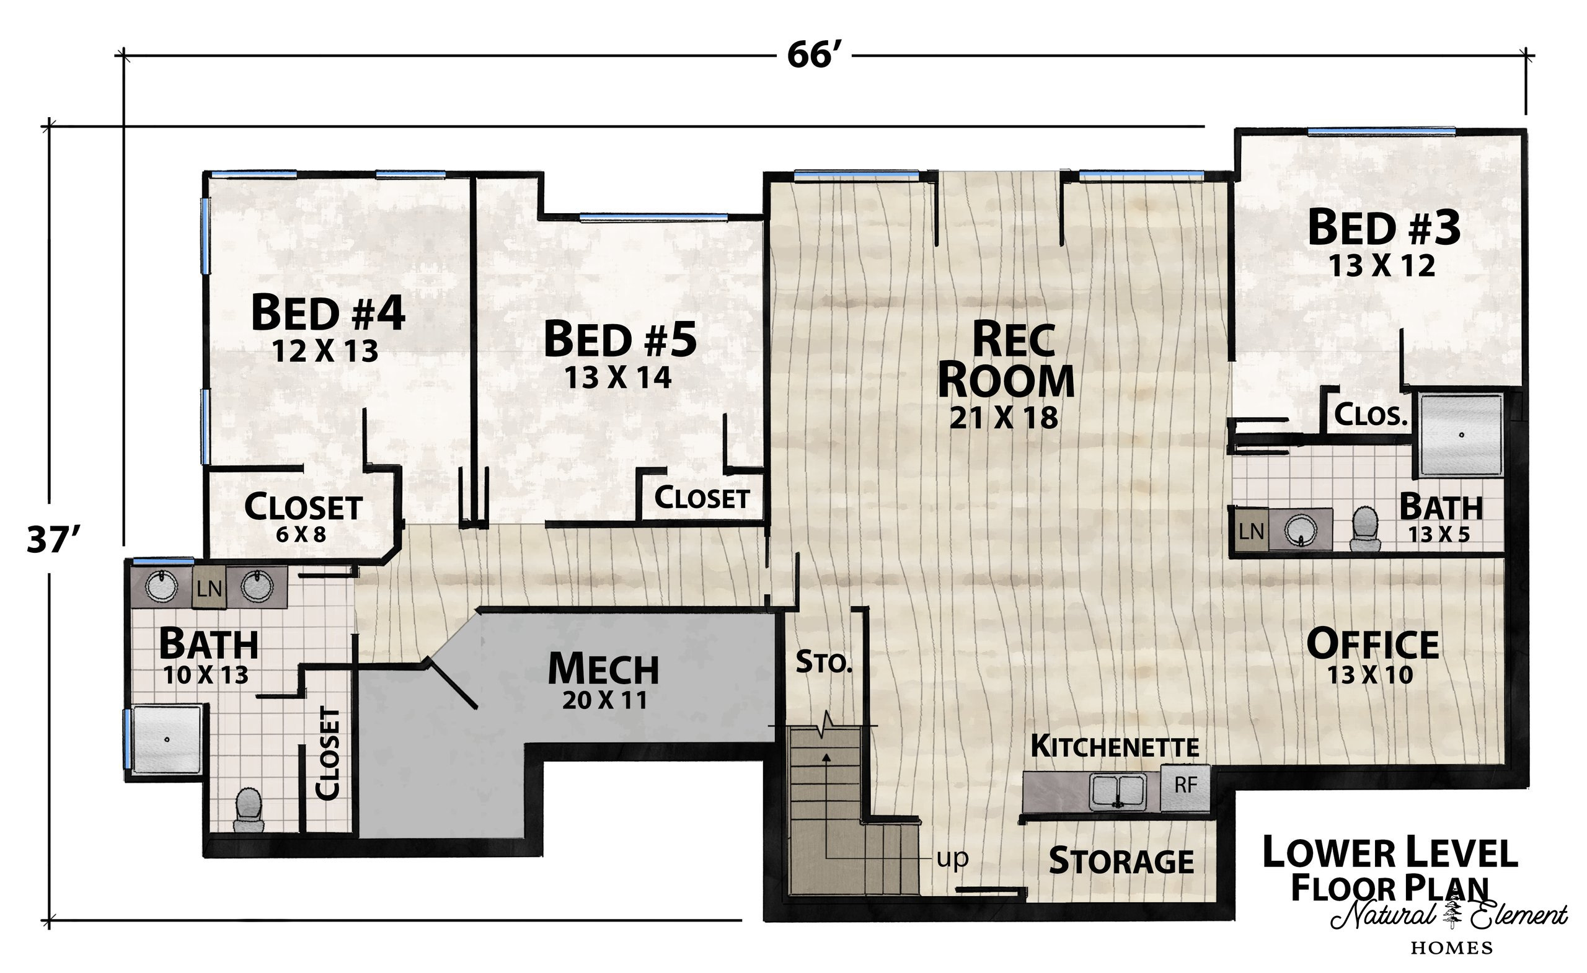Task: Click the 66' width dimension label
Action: click(x=814, y=56)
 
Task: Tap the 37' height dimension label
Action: click(x=56, y=539)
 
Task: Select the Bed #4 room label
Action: click(x=328, y=312)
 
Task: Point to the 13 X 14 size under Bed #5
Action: click(x=618, y=377)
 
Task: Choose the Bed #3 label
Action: click(x=1384, y=228)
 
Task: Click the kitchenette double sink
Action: click(x=1118, y=791)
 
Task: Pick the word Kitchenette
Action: click(x=1115, y=746)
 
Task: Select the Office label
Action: click(x=1373, y=643)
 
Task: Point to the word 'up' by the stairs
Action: click(x=953, y=858)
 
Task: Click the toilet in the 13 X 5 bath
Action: click(x=1365, y=529)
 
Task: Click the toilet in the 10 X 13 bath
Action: click(x=249, y=811)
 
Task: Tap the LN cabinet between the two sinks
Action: click(x=209, y=588)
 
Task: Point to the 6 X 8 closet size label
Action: click(x=301, y=534)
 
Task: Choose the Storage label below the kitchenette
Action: click(x=1121, y=861)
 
